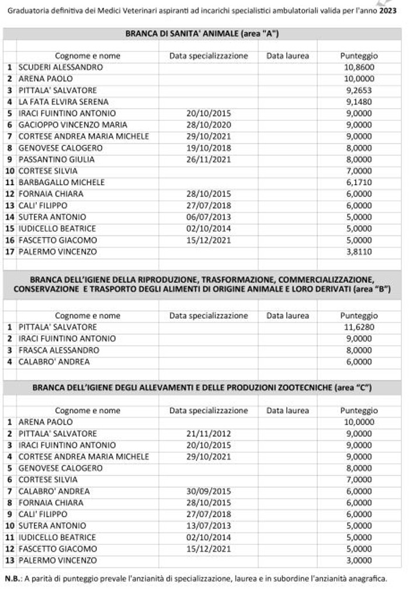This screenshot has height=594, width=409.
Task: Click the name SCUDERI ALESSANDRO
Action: point(60,67)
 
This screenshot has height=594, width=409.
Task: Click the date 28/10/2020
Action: point(209,125)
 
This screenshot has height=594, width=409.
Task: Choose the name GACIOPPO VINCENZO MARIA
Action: point(72,125)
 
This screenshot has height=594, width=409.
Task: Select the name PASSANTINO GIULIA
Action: point(56,159)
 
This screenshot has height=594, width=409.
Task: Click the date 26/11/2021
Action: point(209,159)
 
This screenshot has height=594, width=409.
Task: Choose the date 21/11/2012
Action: point(209,433)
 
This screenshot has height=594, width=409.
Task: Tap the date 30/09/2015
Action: point(209,491)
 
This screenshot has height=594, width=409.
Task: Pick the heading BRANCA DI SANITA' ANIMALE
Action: point(202,34)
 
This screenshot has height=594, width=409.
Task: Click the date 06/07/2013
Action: point(209,217)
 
